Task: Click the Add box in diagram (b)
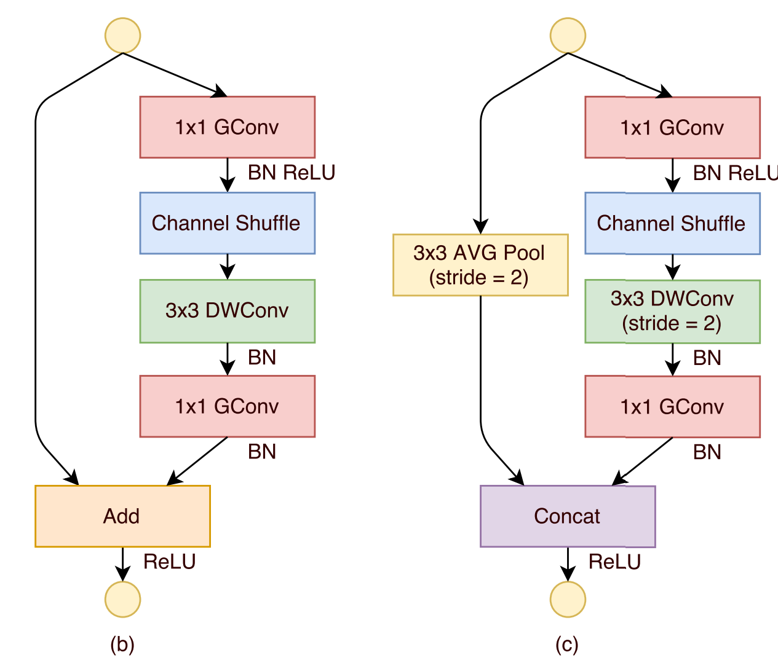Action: pos(122,516)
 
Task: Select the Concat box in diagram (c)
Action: pos(567,516)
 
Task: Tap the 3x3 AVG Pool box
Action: pos(480,265)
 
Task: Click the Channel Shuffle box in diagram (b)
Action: pos(227,223)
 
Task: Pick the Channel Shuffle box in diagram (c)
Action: pos(672,223)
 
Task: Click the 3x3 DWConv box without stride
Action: pos(227,311)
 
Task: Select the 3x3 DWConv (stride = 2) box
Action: pos(672,312)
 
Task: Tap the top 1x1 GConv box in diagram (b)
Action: pos(227,127)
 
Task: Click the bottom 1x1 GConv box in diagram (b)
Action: pos(227,406)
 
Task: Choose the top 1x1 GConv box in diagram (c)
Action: pos(672,128)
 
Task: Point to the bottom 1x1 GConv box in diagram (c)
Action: pos(672,407)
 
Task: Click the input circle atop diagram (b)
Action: pos(123,36)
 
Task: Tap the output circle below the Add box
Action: pos(123,599)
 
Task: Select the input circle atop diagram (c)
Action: pos(568,36)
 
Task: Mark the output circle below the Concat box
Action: pos(568,599)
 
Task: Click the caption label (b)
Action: pos(122,644)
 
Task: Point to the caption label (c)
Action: pos(567,644)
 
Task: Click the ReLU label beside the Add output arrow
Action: pos(170,562)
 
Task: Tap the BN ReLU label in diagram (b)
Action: pos(292,173)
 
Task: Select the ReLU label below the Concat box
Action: pos(614,562)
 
